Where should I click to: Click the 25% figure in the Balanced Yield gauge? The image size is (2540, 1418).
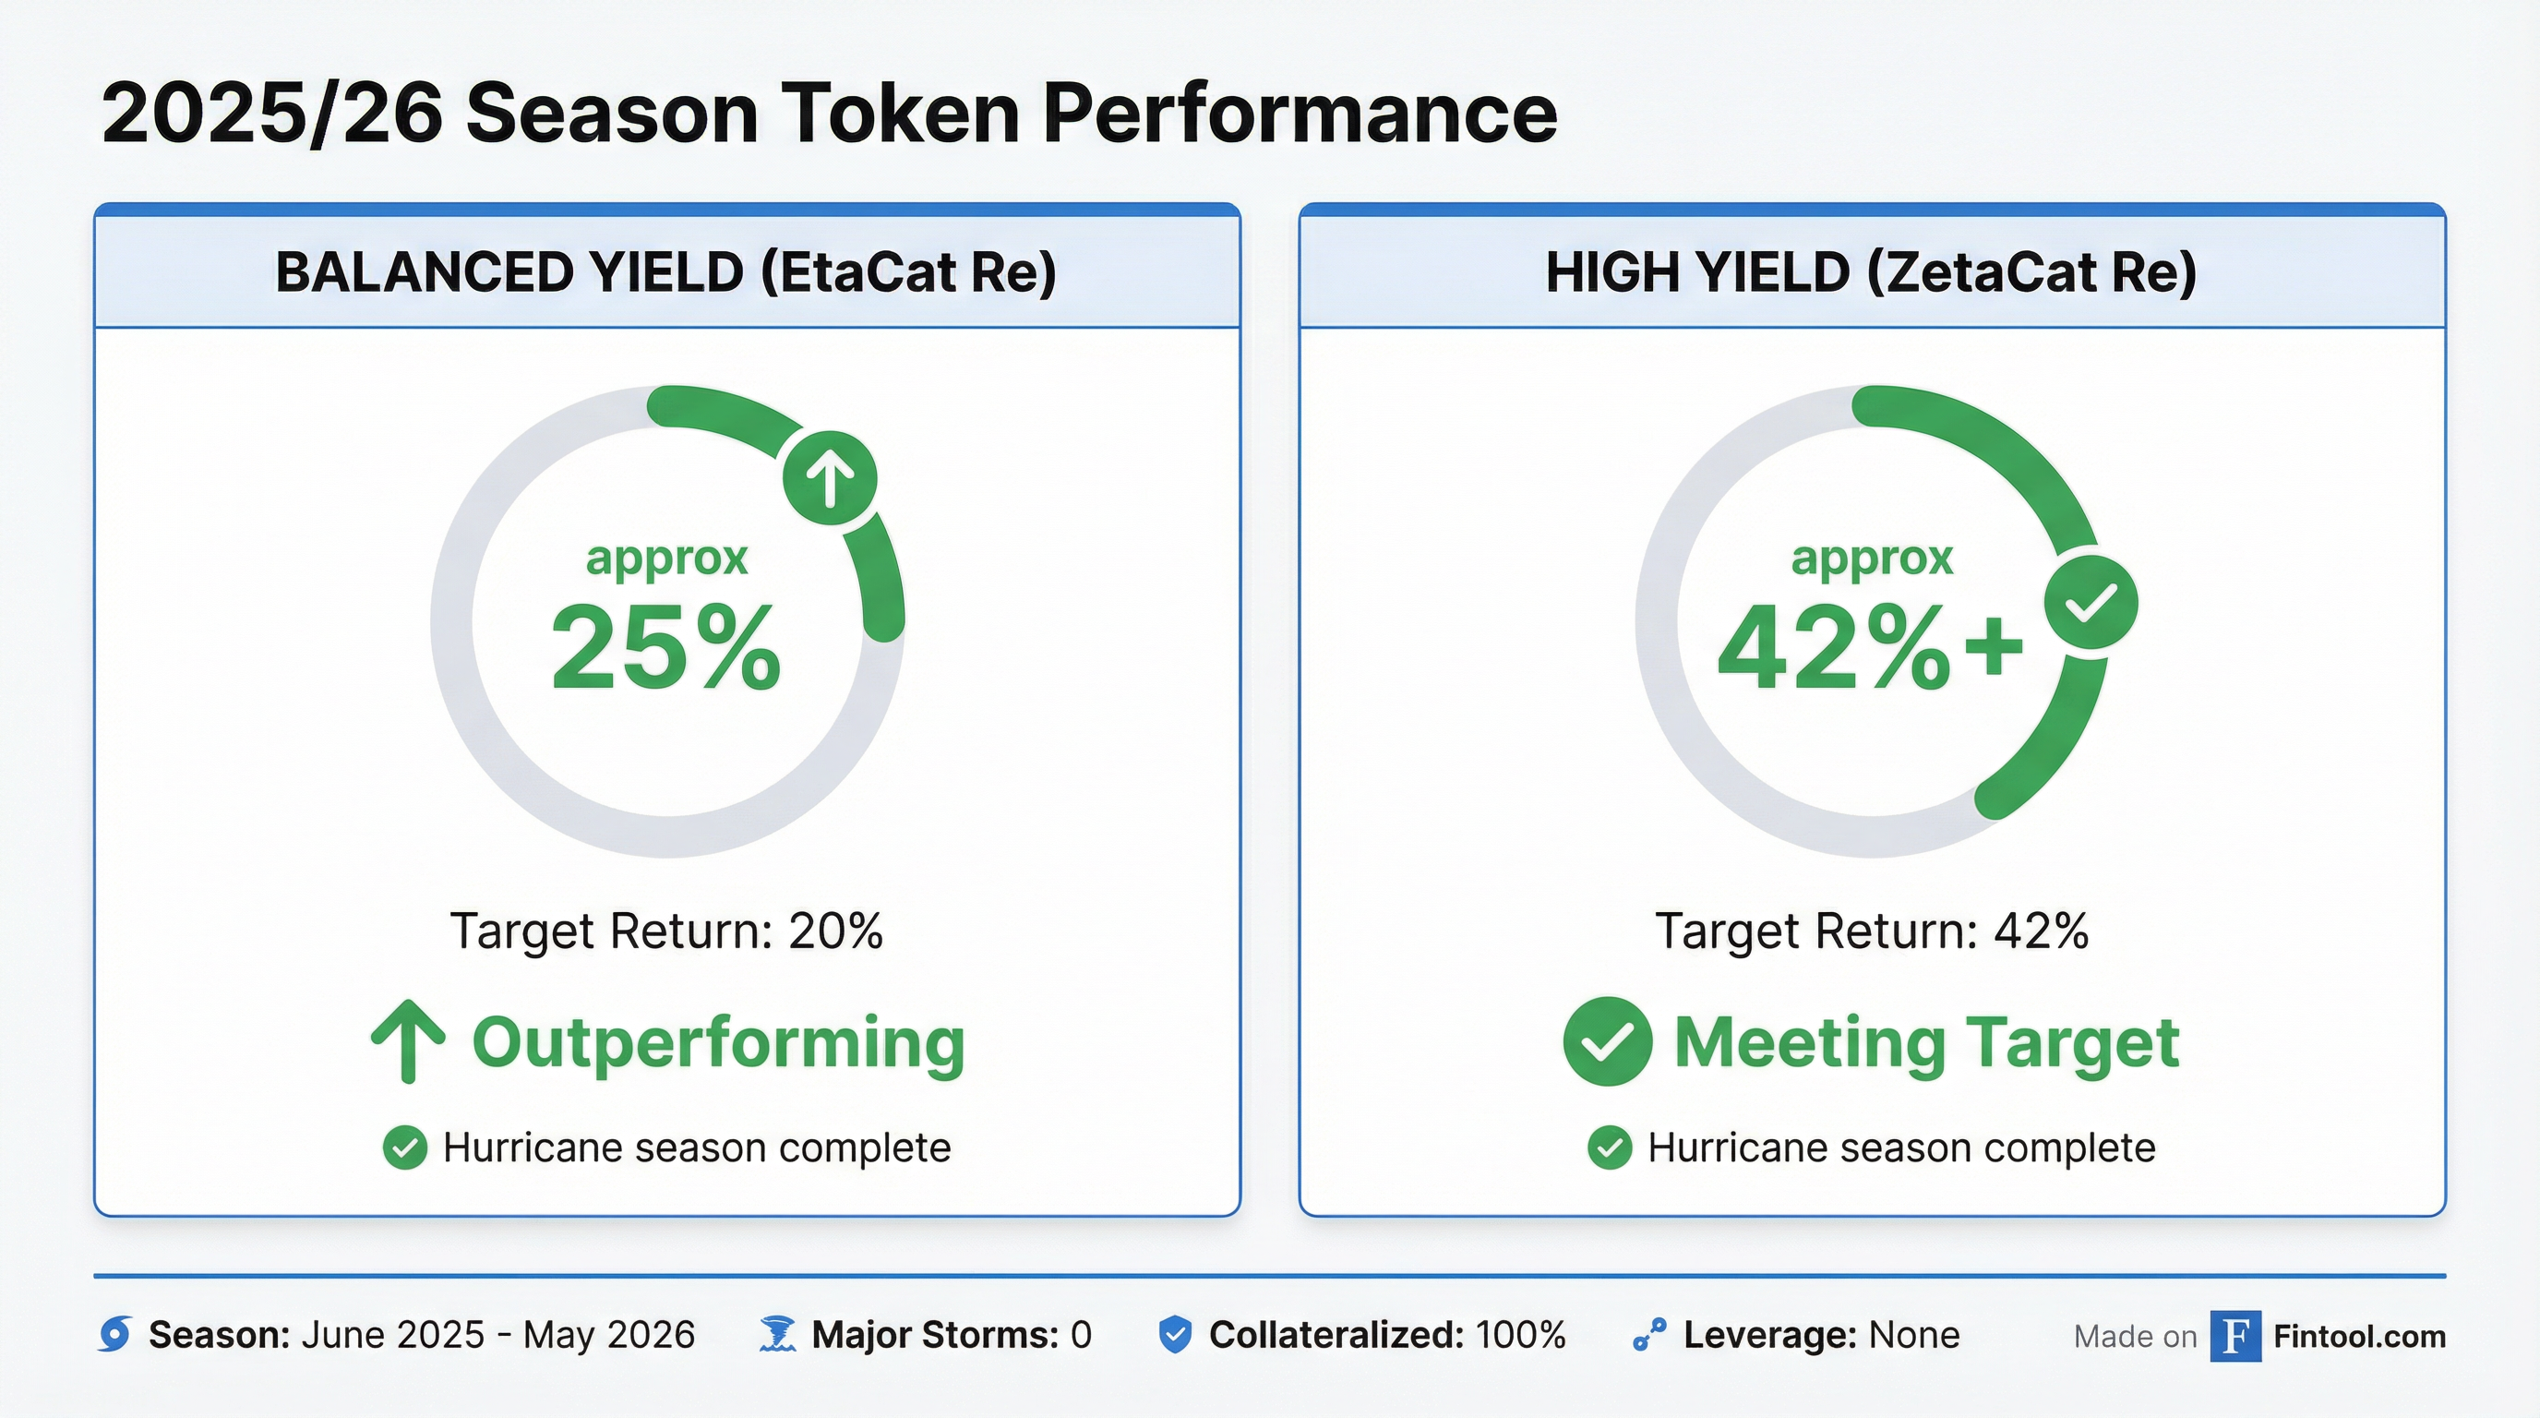pos(665,649)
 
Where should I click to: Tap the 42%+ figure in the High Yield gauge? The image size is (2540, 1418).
pos(1868,649)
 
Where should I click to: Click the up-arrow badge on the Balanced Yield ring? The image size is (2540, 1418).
pos(829,478)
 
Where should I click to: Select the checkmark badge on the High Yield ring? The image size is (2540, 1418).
pos(2091,603)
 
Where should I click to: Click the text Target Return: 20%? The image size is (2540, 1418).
pos(666,931)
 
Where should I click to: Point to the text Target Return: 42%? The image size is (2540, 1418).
pos(1872,931)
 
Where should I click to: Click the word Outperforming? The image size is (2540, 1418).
pos(718,1042)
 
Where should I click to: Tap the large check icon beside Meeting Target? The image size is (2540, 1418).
pos(1607,1041)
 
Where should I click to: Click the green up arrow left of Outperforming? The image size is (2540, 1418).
pos(408,1041)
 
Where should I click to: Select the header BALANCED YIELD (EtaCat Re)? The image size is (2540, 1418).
pos(666,272)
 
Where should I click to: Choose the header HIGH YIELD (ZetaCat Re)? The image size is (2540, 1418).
pos(1872,272)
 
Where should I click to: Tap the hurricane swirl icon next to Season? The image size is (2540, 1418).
pos(115,1334)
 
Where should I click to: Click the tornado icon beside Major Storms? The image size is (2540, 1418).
pos(778,1334)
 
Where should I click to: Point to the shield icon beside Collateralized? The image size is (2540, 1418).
pos(1174,1334)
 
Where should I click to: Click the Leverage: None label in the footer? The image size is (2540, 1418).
pos(1820,1335)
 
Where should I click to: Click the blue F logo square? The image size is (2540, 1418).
pos(2235,1335)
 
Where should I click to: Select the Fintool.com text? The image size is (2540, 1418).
pos(2358,1336)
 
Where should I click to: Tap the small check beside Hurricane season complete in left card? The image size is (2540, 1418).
pos(404,1148)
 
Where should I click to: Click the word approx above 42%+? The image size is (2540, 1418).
pos(1872,559)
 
